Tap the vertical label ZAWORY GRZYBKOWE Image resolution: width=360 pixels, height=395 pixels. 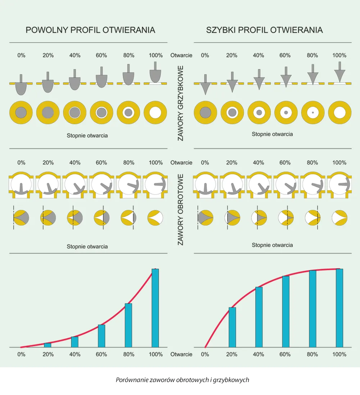pyautogui.click(x=181, y=103)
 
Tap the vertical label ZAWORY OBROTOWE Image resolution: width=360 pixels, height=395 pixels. pyautogui.click(x=181, y=210)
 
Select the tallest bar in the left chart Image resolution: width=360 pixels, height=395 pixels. pyautogui.click(x=155, y=308)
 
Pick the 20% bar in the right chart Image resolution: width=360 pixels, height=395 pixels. pyautogui.click(x=232, y=328)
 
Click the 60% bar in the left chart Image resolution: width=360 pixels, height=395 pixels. pyautogui.click(x=101, y=336)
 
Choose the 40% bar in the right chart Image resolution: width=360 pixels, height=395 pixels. pyautogui.click(x=259, y=317)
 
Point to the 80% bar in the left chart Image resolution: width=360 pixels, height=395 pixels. pyautogui.click(x=128, y=326)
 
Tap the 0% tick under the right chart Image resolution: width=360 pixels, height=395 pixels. pyautogui.click(x=205, y=354)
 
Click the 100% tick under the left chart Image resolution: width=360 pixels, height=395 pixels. pyautogui.click(x=156, y=354)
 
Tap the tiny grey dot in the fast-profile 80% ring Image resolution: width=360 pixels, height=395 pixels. pyautogui.click(x=313, y=113)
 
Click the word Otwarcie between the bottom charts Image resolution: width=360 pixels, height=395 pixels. pyautogui.click(x=181, y=354)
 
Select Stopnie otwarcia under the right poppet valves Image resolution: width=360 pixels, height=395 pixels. pyautogui.click(x=272, y=134)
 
